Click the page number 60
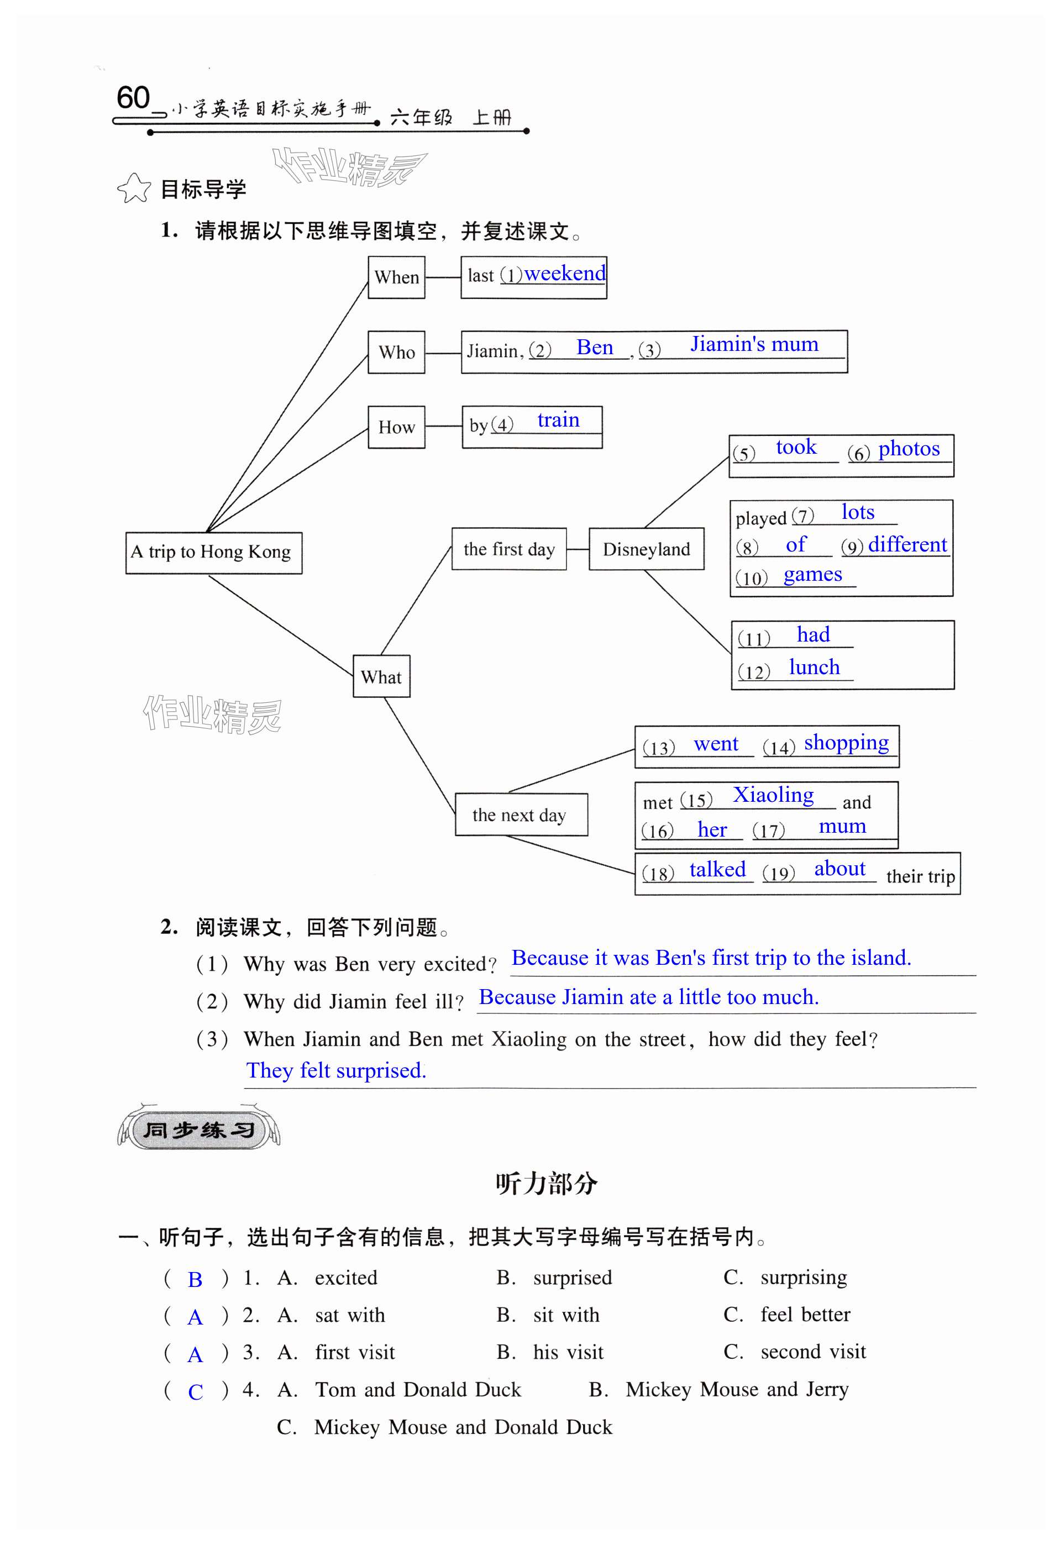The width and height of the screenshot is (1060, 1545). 133,98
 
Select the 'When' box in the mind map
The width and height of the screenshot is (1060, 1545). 396,277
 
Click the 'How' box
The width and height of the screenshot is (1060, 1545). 396,427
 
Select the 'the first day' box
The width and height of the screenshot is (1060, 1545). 508,549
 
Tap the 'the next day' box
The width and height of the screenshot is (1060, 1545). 521,814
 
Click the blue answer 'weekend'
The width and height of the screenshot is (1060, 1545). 565,273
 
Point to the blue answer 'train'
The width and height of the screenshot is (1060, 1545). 558,420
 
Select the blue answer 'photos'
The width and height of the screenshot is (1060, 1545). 909,449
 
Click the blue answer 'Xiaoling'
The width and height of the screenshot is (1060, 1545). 773,795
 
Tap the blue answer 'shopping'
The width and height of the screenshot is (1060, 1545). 846,743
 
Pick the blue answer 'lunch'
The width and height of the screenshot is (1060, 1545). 814,667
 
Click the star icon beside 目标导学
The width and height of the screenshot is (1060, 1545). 134,189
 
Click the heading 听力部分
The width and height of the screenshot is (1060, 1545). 546,1184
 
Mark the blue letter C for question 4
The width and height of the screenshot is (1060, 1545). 195,1392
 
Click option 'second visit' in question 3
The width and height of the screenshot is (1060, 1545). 812,1352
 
